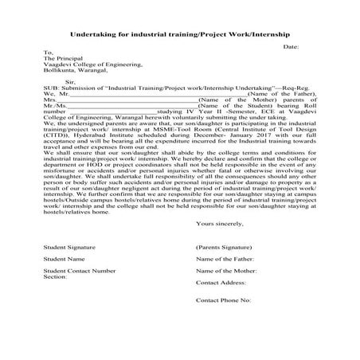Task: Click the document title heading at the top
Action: click(x=180, y=35)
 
